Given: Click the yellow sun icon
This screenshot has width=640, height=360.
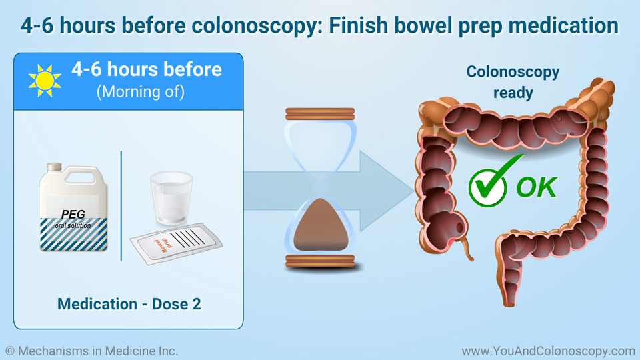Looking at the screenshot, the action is (45, 81).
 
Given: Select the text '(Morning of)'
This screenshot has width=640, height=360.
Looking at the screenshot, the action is (141, 91).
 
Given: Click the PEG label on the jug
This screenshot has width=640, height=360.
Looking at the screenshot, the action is (73, 214).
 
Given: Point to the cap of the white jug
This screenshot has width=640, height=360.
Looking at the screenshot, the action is (54, 167).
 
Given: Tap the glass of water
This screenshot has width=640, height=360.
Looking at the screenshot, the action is (171, 198).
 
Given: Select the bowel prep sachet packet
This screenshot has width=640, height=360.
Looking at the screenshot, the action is (176, 243).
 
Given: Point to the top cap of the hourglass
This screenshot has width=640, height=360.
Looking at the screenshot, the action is (320, 114).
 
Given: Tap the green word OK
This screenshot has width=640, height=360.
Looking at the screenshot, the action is (537, 187).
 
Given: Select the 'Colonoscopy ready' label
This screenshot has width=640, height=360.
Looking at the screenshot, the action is (513, 82).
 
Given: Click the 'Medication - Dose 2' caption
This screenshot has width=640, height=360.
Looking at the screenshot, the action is (129, 304).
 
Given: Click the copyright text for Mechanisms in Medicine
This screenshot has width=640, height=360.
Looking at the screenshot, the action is (91, 351).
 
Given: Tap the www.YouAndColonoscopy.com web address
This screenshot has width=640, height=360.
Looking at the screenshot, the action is (549, 351).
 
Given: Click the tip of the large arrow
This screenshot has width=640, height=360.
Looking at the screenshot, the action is (414, 191).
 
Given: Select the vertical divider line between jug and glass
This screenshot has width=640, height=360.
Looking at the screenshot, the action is (121, 206).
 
